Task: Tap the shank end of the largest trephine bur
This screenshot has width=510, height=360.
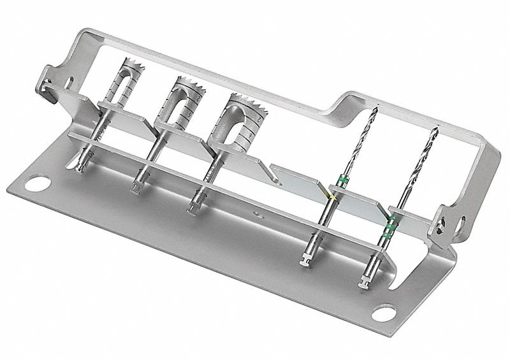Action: point(194,207)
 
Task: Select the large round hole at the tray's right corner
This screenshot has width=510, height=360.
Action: point(384,313)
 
